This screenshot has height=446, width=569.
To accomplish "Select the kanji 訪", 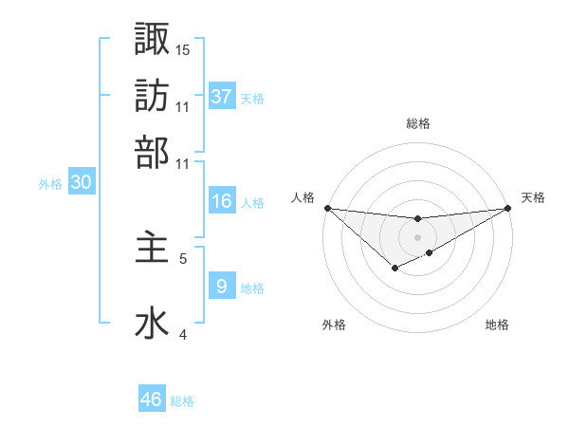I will (152, 95).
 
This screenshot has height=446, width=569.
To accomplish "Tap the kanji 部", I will (152, 152).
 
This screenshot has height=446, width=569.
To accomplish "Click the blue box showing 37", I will (222, 96).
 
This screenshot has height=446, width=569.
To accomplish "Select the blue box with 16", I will (221, 201).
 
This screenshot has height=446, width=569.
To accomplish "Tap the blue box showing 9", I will (221, 286).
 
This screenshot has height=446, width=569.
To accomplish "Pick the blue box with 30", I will (82, 183).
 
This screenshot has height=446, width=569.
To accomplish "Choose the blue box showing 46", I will (152, 400).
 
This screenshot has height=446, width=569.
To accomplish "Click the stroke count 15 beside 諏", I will (183, 49).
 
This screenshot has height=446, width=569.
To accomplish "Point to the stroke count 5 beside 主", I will (183, 257).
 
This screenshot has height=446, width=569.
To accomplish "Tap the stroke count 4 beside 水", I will (183, 334).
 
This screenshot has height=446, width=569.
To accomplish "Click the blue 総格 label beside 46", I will (182, 401).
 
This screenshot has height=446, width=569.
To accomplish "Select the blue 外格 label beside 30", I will (50, 185).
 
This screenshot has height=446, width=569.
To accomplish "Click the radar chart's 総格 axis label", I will (417, 123).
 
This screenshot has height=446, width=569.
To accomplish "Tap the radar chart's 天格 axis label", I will (533, 197).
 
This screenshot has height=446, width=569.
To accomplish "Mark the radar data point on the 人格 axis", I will (327, 208).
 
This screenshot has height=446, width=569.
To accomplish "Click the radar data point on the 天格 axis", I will (508, 208).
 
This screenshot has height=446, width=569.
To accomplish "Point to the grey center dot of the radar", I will (417, 236).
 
